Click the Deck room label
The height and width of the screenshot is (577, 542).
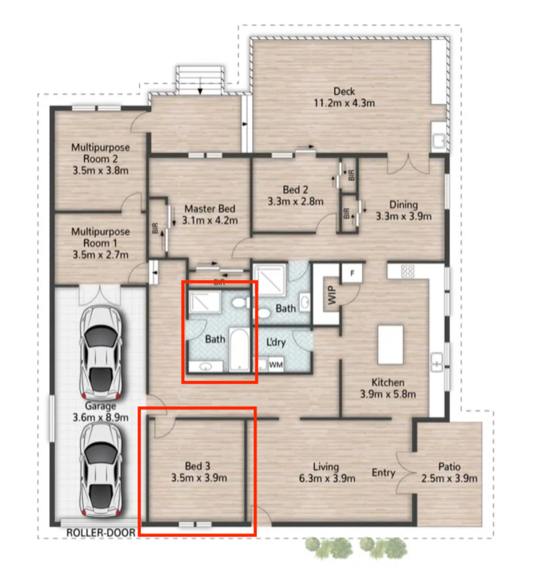point(344,92)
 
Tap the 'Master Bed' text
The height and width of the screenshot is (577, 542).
point(209,209)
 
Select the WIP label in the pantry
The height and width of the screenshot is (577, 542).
point(332,295)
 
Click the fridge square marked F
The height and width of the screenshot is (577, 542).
point(352,273)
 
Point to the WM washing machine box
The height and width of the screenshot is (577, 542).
point(276,364)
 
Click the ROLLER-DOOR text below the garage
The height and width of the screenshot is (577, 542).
point(101,532)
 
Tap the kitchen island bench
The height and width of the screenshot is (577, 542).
point(390,344)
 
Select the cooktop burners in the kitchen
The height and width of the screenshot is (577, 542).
point(408,271)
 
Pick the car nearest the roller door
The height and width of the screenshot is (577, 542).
point(101,470)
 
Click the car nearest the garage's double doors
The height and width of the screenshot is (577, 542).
point(101,352)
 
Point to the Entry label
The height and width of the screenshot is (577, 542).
point(383,473)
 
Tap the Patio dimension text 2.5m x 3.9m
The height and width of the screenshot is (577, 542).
point(449,479)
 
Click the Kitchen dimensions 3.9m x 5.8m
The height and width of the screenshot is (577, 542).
point(388,394)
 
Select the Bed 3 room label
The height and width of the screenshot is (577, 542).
point(198,466)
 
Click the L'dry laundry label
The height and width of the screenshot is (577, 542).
point(276,342)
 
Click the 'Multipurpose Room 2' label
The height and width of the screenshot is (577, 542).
point(100,153)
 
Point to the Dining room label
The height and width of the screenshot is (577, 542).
point(403,205)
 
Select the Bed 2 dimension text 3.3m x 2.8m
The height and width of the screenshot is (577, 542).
point(295,201)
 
